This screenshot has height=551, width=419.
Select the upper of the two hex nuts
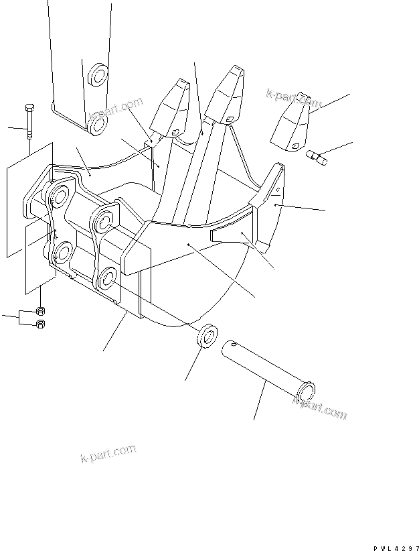coord(40,311)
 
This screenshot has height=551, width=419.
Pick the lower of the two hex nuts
coord(40,324)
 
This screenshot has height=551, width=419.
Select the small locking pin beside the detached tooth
coord(316,158)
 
